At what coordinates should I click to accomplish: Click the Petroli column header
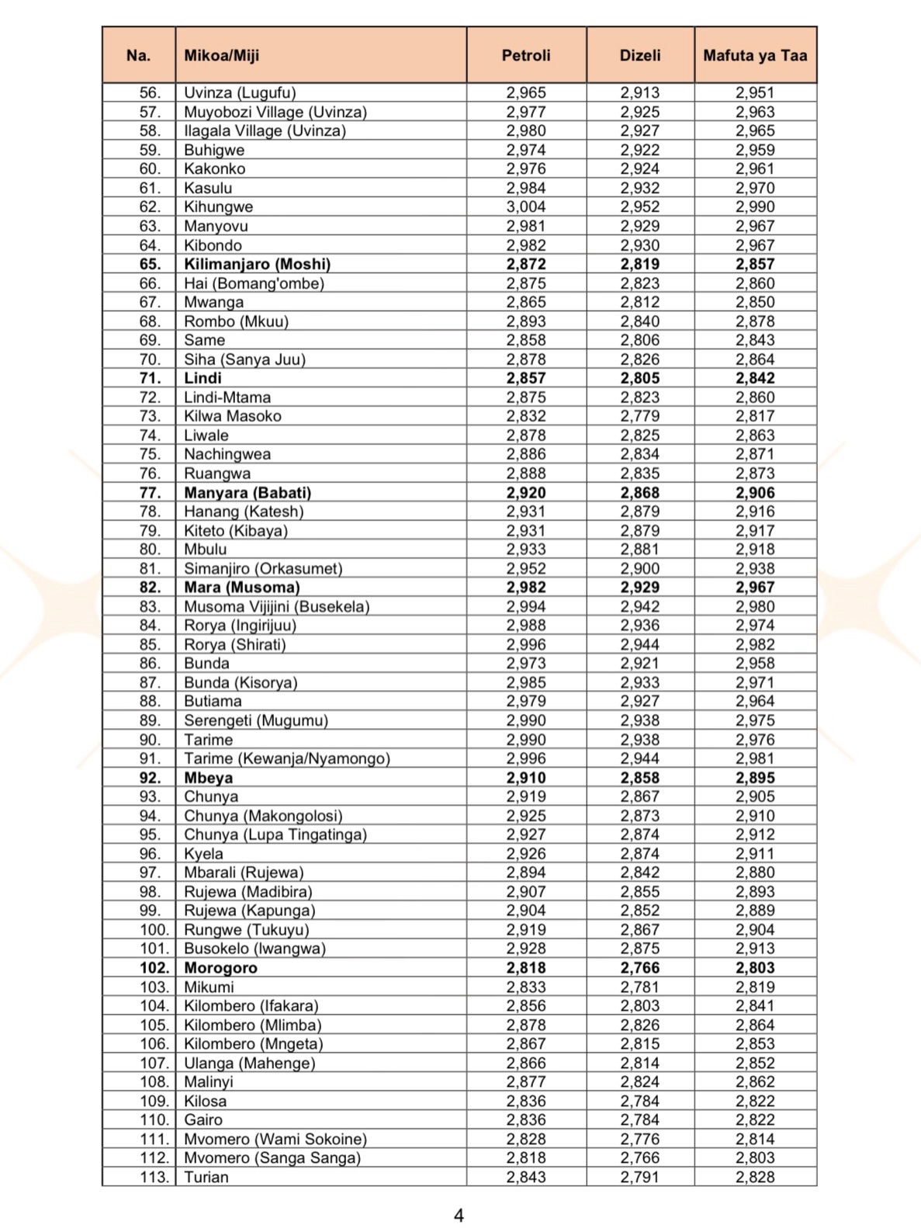[526, 55]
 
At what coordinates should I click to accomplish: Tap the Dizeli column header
[640, 55]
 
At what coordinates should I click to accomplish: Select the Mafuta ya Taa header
[755, 55]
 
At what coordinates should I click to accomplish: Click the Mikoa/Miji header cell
[222, 55]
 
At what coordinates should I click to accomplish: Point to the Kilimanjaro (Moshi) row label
[257, 264]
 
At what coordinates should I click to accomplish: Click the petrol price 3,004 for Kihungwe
[526, 206]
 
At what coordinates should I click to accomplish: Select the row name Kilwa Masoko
[233, 416]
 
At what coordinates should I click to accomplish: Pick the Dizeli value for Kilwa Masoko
[640, 416]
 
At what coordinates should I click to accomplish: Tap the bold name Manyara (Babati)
[248, 492]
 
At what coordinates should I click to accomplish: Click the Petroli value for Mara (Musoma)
[526, 588]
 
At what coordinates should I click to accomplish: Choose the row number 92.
[150, 778]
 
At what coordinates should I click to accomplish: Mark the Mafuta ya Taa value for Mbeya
[755, 778]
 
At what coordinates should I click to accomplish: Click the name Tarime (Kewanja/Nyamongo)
[287, 758]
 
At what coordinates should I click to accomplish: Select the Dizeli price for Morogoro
[640, 968]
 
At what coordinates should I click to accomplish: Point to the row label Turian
[206, 1177]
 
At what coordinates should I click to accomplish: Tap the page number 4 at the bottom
[459, 1216]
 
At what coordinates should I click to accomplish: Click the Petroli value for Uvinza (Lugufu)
[526, 92]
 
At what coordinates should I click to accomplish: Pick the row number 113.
[154, 1177]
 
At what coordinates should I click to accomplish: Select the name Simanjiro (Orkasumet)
[263, 568]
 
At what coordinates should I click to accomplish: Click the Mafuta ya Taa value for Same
[755, 340]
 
